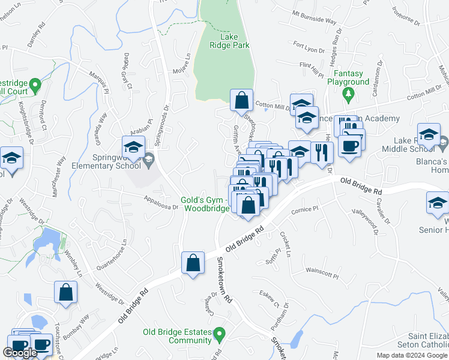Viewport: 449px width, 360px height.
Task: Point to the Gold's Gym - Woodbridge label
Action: click(205, 204)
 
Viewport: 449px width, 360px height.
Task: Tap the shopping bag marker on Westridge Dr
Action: click(66, 293)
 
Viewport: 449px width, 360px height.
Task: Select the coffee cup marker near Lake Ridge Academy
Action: click(350, 145)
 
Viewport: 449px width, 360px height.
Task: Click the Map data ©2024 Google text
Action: click(412, 355)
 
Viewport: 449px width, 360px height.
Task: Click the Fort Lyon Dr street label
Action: click(309, 44)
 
